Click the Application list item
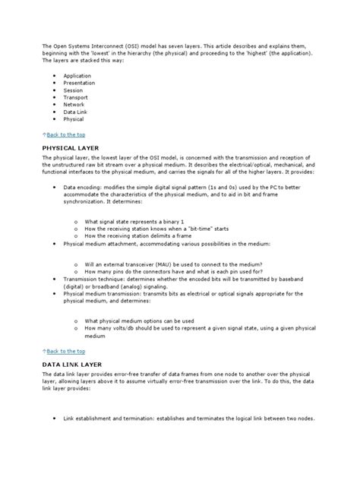point(77,77)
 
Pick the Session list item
point(74,90)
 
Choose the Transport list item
point(76,98)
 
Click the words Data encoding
point(81,185)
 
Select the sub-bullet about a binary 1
point(130,221)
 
